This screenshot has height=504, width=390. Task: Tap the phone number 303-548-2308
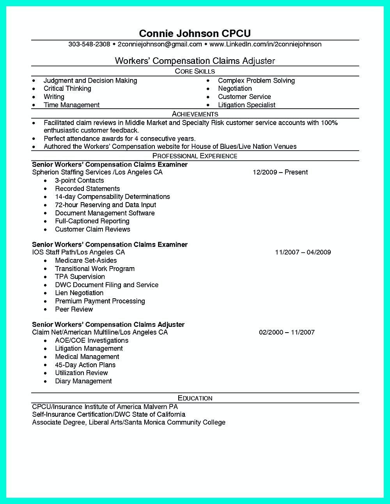coord(89,44)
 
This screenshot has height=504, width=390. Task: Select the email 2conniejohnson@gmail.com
coord(160,44)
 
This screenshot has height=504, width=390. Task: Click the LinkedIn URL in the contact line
coord(265,44)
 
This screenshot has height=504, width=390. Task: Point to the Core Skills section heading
coord(195,71)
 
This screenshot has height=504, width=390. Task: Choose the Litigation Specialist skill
coord(246,105)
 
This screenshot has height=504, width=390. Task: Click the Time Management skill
coord(71,105)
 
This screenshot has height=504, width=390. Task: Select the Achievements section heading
coord(195,114)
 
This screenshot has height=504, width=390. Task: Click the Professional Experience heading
coord(195,156)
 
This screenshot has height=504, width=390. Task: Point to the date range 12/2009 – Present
coord(280,172)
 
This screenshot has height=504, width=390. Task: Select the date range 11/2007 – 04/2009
coord(303,252)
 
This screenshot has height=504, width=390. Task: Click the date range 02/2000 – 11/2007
coord(287,332)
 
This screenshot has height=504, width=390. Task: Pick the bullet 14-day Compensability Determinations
coord(112,197)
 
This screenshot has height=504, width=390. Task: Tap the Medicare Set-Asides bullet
coord(86,260)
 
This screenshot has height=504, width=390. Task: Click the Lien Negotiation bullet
coord(79,293)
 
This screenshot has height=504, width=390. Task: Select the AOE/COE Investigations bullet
coord(92,340)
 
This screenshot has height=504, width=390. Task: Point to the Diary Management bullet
coord(83,381)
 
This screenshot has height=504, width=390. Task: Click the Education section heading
coord(195,398)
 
